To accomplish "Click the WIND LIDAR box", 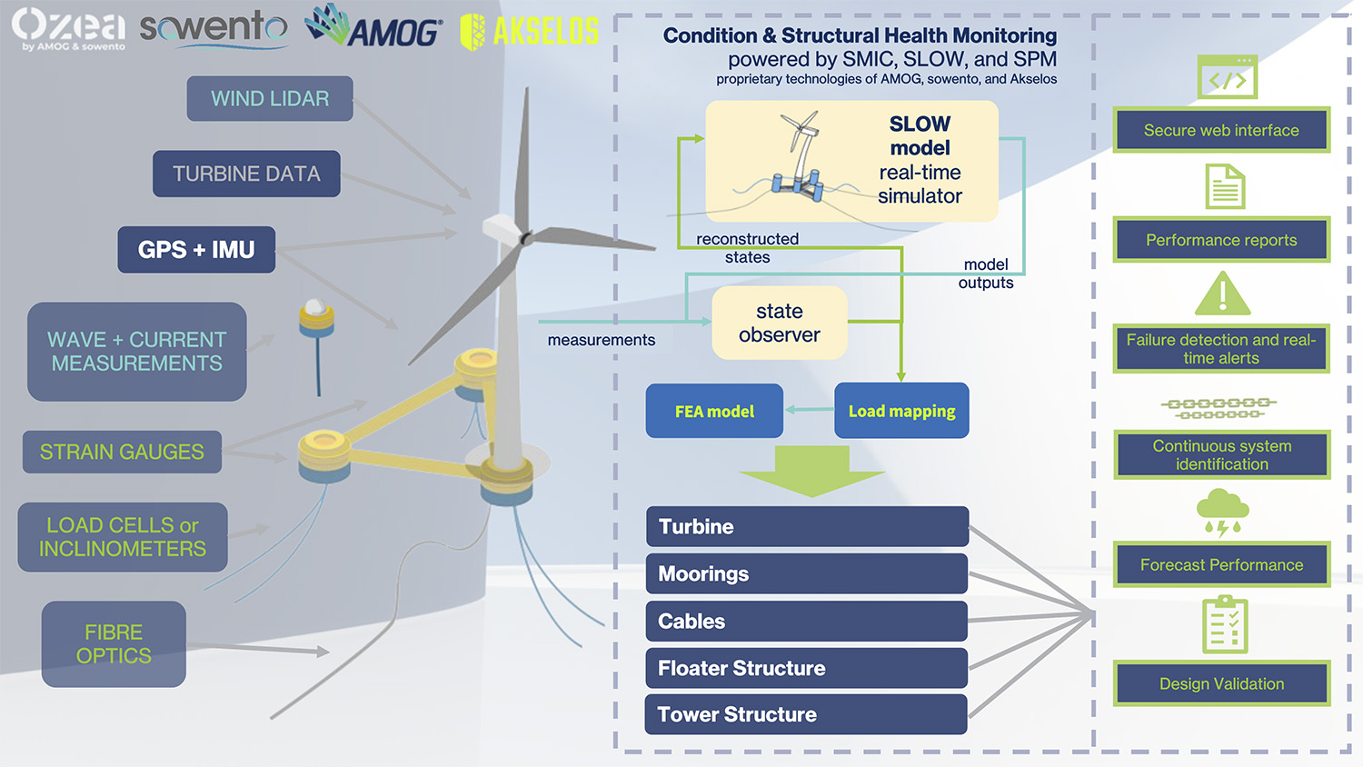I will point(270,98).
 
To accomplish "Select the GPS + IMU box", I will point(196,250).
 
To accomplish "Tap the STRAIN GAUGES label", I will point(122,452).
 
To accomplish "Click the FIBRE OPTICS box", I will point(114,643).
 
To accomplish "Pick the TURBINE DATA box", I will point(246,174).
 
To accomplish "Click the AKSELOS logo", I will point(530,32).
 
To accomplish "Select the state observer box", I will point(780,323).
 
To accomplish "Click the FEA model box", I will point(714,411).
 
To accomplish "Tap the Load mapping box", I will point(901,411).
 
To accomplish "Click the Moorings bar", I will point(807,573).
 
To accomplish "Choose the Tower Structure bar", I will point(806,714).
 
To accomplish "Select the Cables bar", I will point(807,621).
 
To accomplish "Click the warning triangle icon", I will point(1222,294).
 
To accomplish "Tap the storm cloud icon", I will point(1222,512).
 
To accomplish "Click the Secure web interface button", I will point(1221,130).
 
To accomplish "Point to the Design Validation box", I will point(1221,683).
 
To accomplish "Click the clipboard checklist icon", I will point(1224,625).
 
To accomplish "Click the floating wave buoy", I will point(316,320).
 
